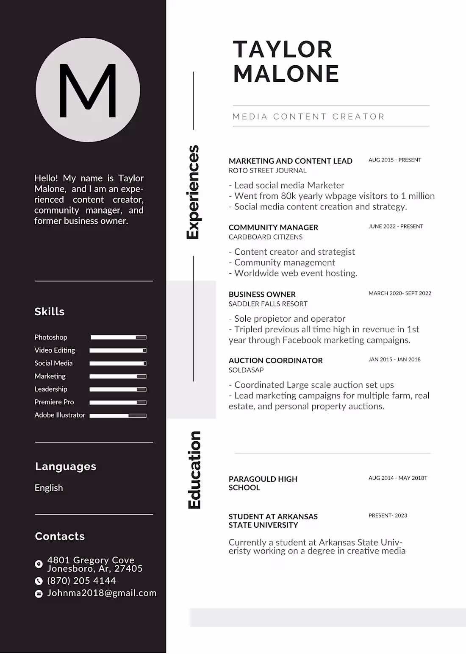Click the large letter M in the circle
point(88,90)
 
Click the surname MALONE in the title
point(286,74)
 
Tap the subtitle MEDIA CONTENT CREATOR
point(308,117)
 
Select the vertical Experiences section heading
point(193,192)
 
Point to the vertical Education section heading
point(194,470)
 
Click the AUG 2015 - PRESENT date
point(395,160)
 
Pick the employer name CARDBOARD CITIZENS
point(266,237)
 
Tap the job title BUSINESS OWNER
point(262,294)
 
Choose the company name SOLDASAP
point(246,370)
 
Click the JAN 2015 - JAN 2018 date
point(394,359)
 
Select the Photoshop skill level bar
point(119,337)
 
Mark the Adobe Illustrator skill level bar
point(118,416)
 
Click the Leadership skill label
point(51,389)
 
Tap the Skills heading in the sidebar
point(50,312)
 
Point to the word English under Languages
point(49,488)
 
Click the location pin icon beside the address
point(39,564)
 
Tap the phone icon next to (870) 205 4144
point(39,581)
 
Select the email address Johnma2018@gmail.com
point(102,593)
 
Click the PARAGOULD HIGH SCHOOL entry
point(263,483)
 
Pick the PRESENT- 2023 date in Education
point(388,515)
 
